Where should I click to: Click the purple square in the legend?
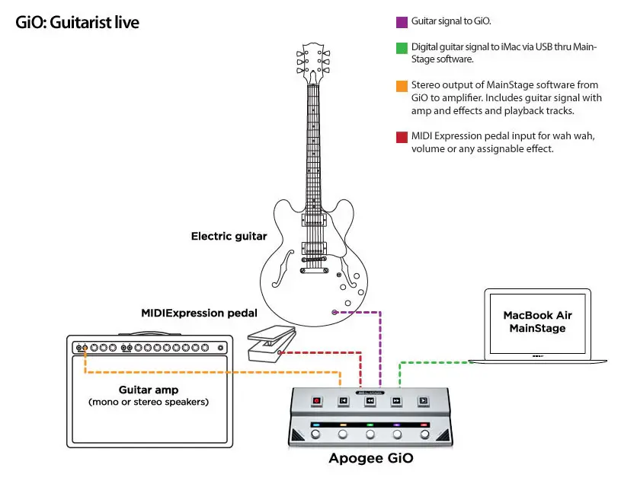coord(402,23)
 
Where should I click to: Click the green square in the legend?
coord(402,48)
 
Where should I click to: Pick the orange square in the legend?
coord(402,85)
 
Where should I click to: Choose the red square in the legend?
coord(402,136)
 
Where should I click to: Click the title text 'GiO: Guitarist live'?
coord(77,22)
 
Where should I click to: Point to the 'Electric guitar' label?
coord(229,236)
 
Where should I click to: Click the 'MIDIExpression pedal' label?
coord(199,313)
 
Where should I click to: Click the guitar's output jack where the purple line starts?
coord(334,312)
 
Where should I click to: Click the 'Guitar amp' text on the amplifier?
coord(147,389)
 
